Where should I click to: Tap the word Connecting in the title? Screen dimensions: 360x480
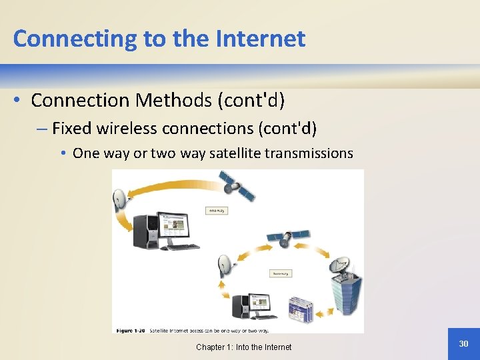tap(75, 39)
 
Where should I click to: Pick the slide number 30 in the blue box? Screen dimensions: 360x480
tap(463, 343)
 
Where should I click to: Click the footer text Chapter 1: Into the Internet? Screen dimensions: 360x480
tap(243, 347)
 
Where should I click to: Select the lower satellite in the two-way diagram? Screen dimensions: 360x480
tap(288, 237)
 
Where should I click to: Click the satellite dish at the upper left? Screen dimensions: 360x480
tap(121, 199)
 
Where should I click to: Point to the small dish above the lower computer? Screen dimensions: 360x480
tap(226, 265)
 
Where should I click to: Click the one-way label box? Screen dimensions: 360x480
tap(218, 211)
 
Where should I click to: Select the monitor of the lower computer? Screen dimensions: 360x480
tap(260, 303)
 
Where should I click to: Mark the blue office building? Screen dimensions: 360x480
tap(347, 296)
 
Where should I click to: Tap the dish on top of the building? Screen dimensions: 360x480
tap(341, 265)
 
